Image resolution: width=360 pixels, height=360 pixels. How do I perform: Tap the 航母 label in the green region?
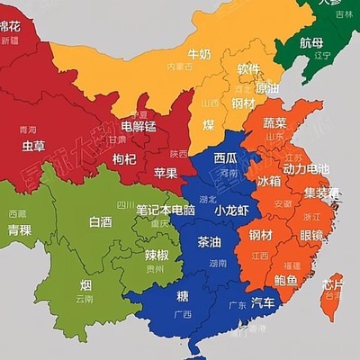[311, 42]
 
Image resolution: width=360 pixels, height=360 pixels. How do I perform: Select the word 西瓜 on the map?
[227, 158]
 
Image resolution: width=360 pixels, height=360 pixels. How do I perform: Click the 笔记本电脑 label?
[166, 210]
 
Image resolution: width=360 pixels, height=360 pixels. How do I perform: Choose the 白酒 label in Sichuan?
[101, 221]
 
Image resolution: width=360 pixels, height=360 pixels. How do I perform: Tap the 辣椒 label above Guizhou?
[157, 255]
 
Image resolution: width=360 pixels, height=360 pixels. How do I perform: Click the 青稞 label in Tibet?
[21, 229]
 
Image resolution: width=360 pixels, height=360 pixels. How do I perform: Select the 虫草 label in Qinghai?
[34, 145]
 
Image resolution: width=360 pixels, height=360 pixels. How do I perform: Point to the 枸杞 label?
[125, 159]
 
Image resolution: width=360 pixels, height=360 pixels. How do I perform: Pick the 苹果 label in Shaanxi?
[165, 173]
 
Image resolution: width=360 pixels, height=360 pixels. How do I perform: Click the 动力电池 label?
[306, 168]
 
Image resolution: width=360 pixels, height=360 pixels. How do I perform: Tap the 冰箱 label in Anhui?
[269, 181]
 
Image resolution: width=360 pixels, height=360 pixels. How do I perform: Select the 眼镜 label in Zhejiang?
[314, 235]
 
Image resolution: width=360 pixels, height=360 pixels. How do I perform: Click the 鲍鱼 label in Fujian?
[287, 280]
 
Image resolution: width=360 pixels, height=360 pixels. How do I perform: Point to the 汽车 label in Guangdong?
[263, 302]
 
